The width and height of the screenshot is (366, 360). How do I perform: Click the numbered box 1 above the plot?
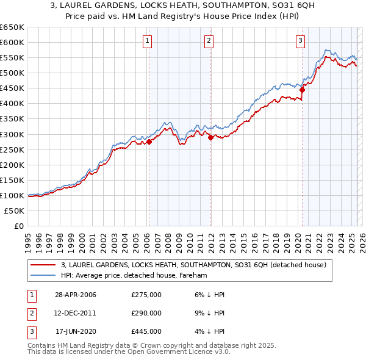point(148,41)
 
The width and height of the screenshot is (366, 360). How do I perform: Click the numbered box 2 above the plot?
point(209,41)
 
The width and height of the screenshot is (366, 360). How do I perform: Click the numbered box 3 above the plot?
point(301,41)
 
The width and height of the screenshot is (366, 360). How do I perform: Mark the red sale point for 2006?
point(149,142)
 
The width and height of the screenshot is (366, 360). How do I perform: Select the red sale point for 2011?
point(210,137)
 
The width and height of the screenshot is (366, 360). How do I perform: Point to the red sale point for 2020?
point(302,90)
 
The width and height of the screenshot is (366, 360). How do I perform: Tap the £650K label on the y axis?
point(12,27)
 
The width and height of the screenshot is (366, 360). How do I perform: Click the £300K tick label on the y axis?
point(12,134)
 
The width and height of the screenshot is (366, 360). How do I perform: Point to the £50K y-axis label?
point(15,211)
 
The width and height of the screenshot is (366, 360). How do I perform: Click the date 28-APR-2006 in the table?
point(76,295)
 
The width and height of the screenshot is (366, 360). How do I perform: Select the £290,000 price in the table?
point(146,313)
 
